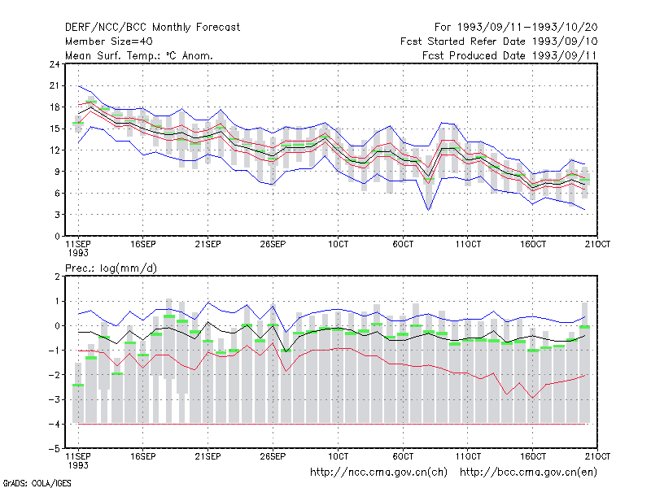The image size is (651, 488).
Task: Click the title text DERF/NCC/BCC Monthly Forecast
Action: pyautogui.click(x=152, y=28)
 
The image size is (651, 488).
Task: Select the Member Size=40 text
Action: pyautogui.click(x=109, y=41)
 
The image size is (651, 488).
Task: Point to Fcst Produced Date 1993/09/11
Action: pyautogui.click(x=509, y=55)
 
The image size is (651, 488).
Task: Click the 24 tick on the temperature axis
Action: pyautogui.click(x=55, y=64)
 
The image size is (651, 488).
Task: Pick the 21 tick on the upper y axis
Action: pyautogui.click(x=55, y=86)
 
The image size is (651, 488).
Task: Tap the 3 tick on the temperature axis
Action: pyautogui.click(x=57, y=215)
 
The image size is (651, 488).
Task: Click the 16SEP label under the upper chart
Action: pyautogui.click(x=143, y=245)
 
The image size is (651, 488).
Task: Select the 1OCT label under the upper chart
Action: pyautogui.click(x=338, y=245)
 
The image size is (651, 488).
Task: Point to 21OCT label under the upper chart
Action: pyautogui.click(x=597, y=245)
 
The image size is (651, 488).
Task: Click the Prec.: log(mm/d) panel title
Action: pyautogui.click(x=111, y=268)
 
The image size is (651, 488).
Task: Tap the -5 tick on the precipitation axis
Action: pyautogui.click(x=55, y=449)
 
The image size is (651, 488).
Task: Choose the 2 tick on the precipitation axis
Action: pyautogui.click(x=57, y=277)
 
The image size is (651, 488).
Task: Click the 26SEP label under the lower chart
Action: pyautogui.click(x=273, y=457)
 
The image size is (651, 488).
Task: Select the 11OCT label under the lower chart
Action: pyautogui.click(x=468, y=457)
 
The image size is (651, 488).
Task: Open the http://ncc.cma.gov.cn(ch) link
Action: pyautogui.click(x=378, y=473)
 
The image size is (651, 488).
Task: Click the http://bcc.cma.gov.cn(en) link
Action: pyautogui.click(x=528, y=473)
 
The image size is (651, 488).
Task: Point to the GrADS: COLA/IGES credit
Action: pyautogui.click(x=37, y=483)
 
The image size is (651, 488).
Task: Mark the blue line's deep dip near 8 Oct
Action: pyautogui.click(x=429, y=210)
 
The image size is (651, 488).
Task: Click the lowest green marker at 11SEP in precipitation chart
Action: pyautogui.click(x=78, y=385)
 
